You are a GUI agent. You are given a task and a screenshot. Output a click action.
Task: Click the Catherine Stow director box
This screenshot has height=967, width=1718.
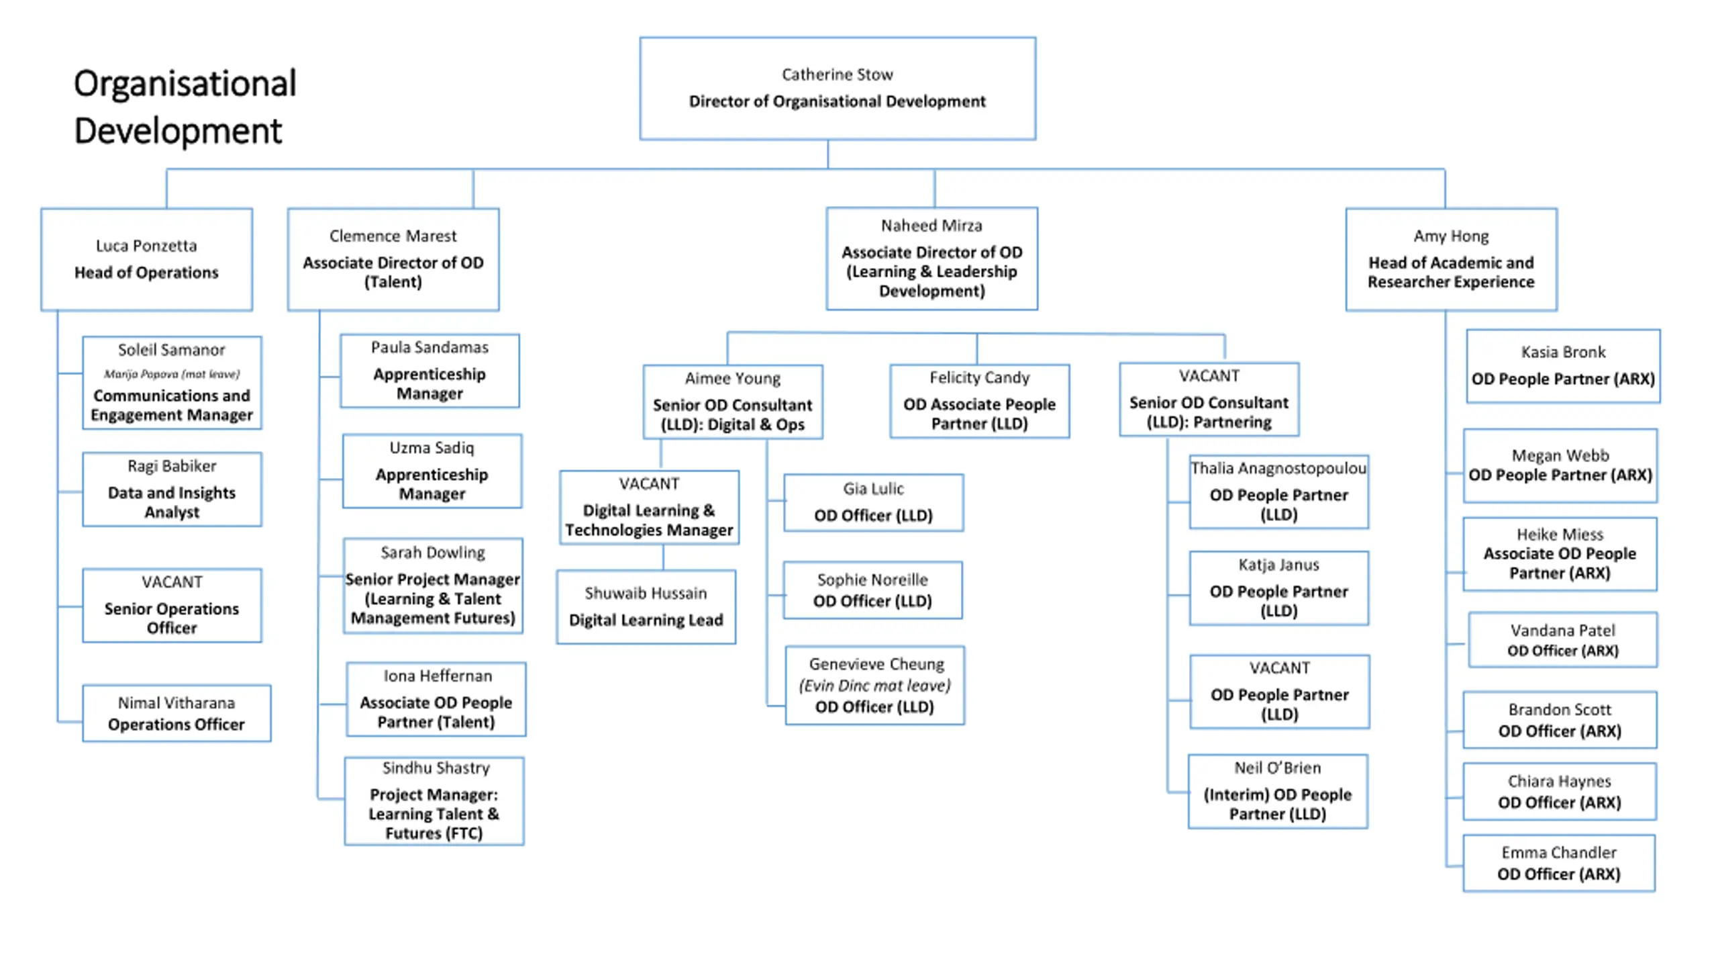point(837,88)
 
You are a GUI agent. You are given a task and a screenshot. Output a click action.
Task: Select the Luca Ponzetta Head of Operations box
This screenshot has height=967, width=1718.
point(146,259)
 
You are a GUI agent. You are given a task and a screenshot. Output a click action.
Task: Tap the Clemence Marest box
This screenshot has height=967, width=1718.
point(393,259)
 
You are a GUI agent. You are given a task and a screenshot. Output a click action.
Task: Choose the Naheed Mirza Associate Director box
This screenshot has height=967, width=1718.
point(931,259)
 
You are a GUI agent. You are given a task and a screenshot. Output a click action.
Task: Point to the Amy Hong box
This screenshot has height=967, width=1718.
point(1451,259)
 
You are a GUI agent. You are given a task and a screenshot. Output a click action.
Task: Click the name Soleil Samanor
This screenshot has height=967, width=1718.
point(172,350)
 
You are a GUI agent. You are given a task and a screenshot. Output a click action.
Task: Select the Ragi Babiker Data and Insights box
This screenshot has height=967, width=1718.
point(172,489)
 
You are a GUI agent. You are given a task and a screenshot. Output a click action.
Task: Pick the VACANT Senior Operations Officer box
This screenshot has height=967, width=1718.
point(172,605)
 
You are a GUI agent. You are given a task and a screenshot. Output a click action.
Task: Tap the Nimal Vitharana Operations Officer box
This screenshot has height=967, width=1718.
point(176,713)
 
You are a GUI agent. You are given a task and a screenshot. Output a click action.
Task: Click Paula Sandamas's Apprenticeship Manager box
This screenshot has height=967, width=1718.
point(429,371)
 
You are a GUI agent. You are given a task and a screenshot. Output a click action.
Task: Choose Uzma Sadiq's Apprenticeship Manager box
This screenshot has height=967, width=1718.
point(432,471)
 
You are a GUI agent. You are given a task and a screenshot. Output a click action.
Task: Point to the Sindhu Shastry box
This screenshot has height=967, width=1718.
point(434,800)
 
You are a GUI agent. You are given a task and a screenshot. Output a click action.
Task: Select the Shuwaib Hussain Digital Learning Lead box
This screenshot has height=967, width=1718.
point(646,606)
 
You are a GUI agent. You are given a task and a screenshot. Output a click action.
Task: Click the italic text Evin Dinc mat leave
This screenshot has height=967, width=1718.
point(874,686)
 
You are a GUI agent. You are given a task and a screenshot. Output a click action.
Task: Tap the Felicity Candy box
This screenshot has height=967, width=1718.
point(980,401)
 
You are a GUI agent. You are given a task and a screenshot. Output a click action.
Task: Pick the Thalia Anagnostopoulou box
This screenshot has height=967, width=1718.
point(1279,492)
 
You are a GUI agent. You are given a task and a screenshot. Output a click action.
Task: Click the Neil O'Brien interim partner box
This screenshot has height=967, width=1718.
point(1278,791)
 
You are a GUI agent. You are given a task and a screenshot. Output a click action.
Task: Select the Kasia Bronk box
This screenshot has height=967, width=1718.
point(1563,366)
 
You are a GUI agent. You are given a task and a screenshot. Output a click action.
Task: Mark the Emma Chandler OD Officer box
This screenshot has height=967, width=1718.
point(1559,863)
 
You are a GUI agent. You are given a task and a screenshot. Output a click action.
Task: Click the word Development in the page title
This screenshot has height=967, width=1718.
point(178,130)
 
